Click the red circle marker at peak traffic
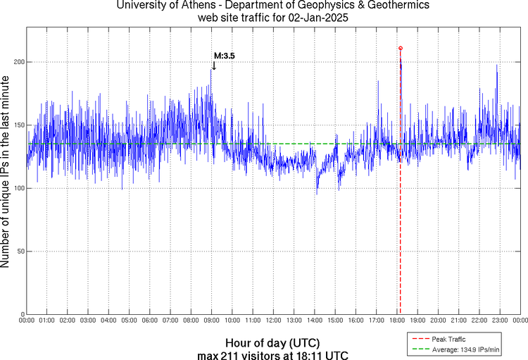click(x=401, y=48)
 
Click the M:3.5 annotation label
click(x=224, y=55)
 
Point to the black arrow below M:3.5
click(x=213, y=66)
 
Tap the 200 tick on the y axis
click(x=18, y=62)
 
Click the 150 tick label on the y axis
click(x=18, y=125)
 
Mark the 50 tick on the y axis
click(x=20, y=252)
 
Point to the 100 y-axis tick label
click(x=18, y=188)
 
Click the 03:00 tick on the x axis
click(x=89, y=321)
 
